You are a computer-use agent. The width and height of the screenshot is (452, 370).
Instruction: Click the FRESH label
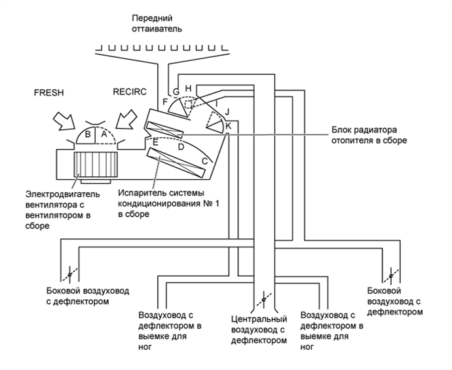(x=48, y=92)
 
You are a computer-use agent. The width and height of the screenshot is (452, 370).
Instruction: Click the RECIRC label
(x=130, y=92)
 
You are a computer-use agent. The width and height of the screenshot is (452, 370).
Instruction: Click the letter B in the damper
(x=88, y=134)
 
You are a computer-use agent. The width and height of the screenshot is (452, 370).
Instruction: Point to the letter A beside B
(x=104, y=134)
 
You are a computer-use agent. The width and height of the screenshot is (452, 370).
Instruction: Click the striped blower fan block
(x=96, y=164)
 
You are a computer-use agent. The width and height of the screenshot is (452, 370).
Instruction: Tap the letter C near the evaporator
(x=204, y=161)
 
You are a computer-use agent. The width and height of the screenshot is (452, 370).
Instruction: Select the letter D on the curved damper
(x=181, y=147)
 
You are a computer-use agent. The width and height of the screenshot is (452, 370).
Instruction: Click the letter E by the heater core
(x=155, y=142)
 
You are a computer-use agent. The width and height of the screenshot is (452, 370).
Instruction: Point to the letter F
(x=165, y=102)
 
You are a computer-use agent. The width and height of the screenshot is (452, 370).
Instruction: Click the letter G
(x=176, y=92)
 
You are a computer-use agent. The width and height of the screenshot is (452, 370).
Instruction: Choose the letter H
(x=188, y=88)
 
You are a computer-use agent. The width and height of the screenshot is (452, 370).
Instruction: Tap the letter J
(x=227, y=112)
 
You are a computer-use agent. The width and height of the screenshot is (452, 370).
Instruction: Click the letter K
(x=228, y=126)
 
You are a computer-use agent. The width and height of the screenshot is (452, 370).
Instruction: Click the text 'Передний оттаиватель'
(x=157, y=24)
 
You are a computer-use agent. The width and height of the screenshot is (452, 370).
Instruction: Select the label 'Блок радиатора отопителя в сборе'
(x=369, y=135)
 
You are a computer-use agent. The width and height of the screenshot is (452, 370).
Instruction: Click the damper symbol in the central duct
(x=263, y=300)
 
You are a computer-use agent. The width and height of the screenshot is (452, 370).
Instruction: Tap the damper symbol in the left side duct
(x=69, y=274)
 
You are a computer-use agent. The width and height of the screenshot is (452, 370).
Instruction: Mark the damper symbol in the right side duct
(x=391, y=276)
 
